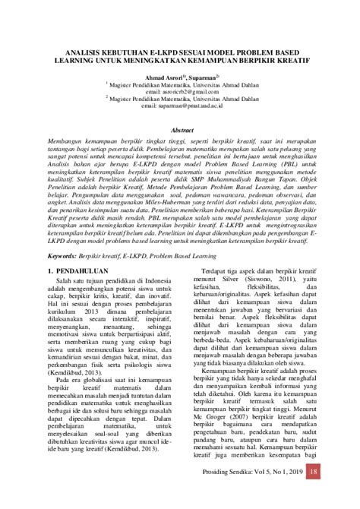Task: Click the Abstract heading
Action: coord(179,130)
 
